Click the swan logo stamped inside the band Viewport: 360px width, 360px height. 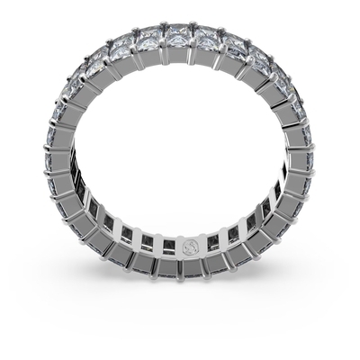click(x=188, y=246)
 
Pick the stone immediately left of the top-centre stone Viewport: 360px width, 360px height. click(x=148, y=37)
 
